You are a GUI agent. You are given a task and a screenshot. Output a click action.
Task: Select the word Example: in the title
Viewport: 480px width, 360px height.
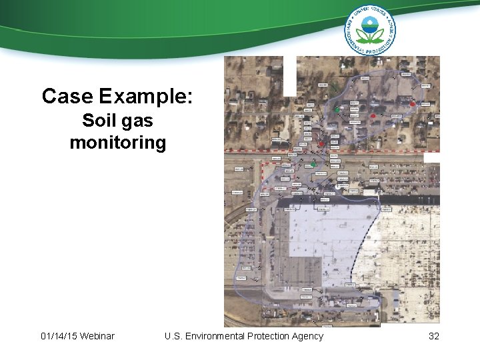[x=146, y=97]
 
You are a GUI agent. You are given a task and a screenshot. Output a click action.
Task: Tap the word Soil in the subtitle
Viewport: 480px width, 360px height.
[x=97, y=121]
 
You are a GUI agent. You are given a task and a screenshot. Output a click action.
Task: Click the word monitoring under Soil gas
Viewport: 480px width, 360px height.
[x=118, y=143]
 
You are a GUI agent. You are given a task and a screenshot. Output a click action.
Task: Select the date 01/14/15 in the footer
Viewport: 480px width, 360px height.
[x=58, y=336]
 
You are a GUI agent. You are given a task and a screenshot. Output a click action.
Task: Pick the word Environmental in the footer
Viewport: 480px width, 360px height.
[x=217, y=336]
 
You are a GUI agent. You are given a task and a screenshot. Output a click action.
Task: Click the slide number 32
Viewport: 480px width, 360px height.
[x=434, y=336]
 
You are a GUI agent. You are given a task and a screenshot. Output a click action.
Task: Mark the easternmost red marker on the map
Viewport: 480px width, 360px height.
[x=413, y=104]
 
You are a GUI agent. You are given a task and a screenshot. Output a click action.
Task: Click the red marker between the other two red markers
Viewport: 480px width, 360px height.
[x=373, y=115]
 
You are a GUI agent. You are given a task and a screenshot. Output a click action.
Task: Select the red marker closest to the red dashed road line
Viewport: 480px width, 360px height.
[x=321, y=143]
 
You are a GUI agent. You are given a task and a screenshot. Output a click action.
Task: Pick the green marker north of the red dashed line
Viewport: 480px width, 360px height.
[x=337, y=109]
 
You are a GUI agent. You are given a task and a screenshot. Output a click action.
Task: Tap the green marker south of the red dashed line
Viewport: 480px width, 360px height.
[x=313, y=164]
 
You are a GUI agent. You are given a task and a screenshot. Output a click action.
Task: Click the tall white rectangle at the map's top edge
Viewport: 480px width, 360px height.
[x=290, y=66]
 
